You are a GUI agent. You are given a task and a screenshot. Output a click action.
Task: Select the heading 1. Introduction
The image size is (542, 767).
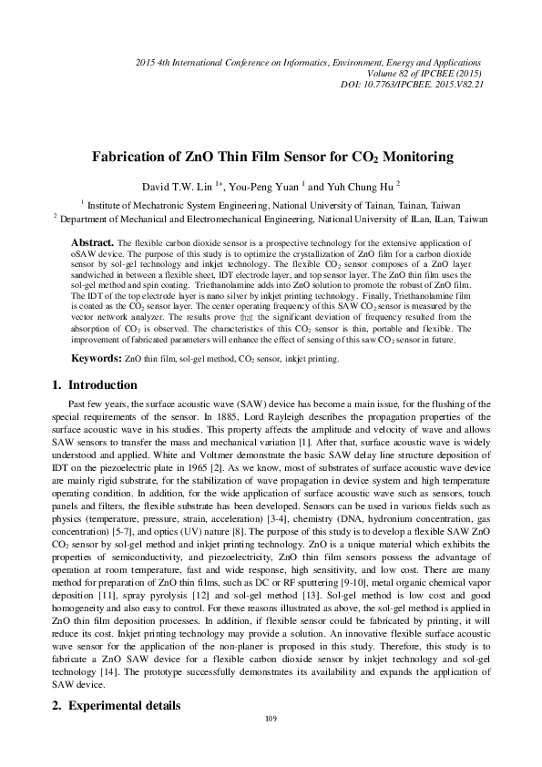pos(96,384)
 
